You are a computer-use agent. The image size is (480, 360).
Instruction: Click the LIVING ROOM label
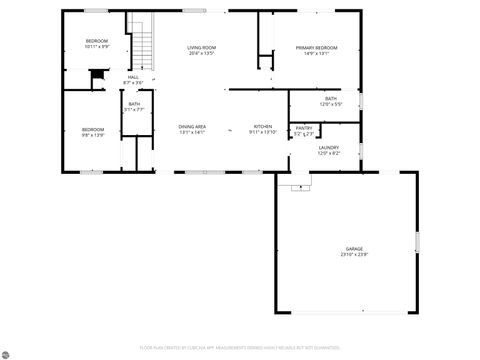[202, 48]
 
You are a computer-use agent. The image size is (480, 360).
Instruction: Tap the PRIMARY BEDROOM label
[316, 48]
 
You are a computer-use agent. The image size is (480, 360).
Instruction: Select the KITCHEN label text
[263, 127]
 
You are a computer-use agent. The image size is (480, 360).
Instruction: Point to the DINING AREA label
[192, 127]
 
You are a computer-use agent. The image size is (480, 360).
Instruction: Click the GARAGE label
[354, 248]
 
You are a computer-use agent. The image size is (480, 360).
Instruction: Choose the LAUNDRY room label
[329, 148]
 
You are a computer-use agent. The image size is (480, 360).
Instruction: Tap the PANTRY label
[304, 128]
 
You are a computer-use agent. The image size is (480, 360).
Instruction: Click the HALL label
[132, 77]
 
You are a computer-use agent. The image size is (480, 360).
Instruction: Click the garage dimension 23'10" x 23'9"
[354, 254]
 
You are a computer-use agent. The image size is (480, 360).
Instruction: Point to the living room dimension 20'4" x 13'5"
[202, 54]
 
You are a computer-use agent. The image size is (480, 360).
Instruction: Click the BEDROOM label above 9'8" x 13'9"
[93, 128]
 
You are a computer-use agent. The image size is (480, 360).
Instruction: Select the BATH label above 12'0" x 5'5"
[331, 98]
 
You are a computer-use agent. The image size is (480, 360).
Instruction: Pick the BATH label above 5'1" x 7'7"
[134, 104]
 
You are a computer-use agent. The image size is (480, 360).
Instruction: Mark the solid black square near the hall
[97, 75]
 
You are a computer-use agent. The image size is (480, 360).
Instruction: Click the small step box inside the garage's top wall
[295, 186]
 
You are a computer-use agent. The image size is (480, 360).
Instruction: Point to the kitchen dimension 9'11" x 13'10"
[263, 133]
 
